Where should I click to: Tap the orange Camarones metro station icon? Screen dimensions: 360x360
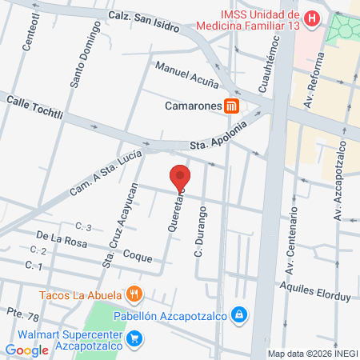[232, 106]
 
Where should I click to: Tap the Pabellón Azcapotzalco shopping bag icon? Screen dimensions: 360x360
[238, 314]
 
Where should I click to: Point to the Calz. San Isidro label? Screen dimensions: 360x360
[141, 16]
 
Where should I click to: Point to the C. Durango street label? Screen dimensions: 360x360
[201, 232]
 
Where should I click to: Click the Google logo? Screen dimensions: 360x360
[26, 350]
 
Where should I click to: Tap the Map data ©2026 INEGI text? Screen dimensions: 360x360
[311, 354]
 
